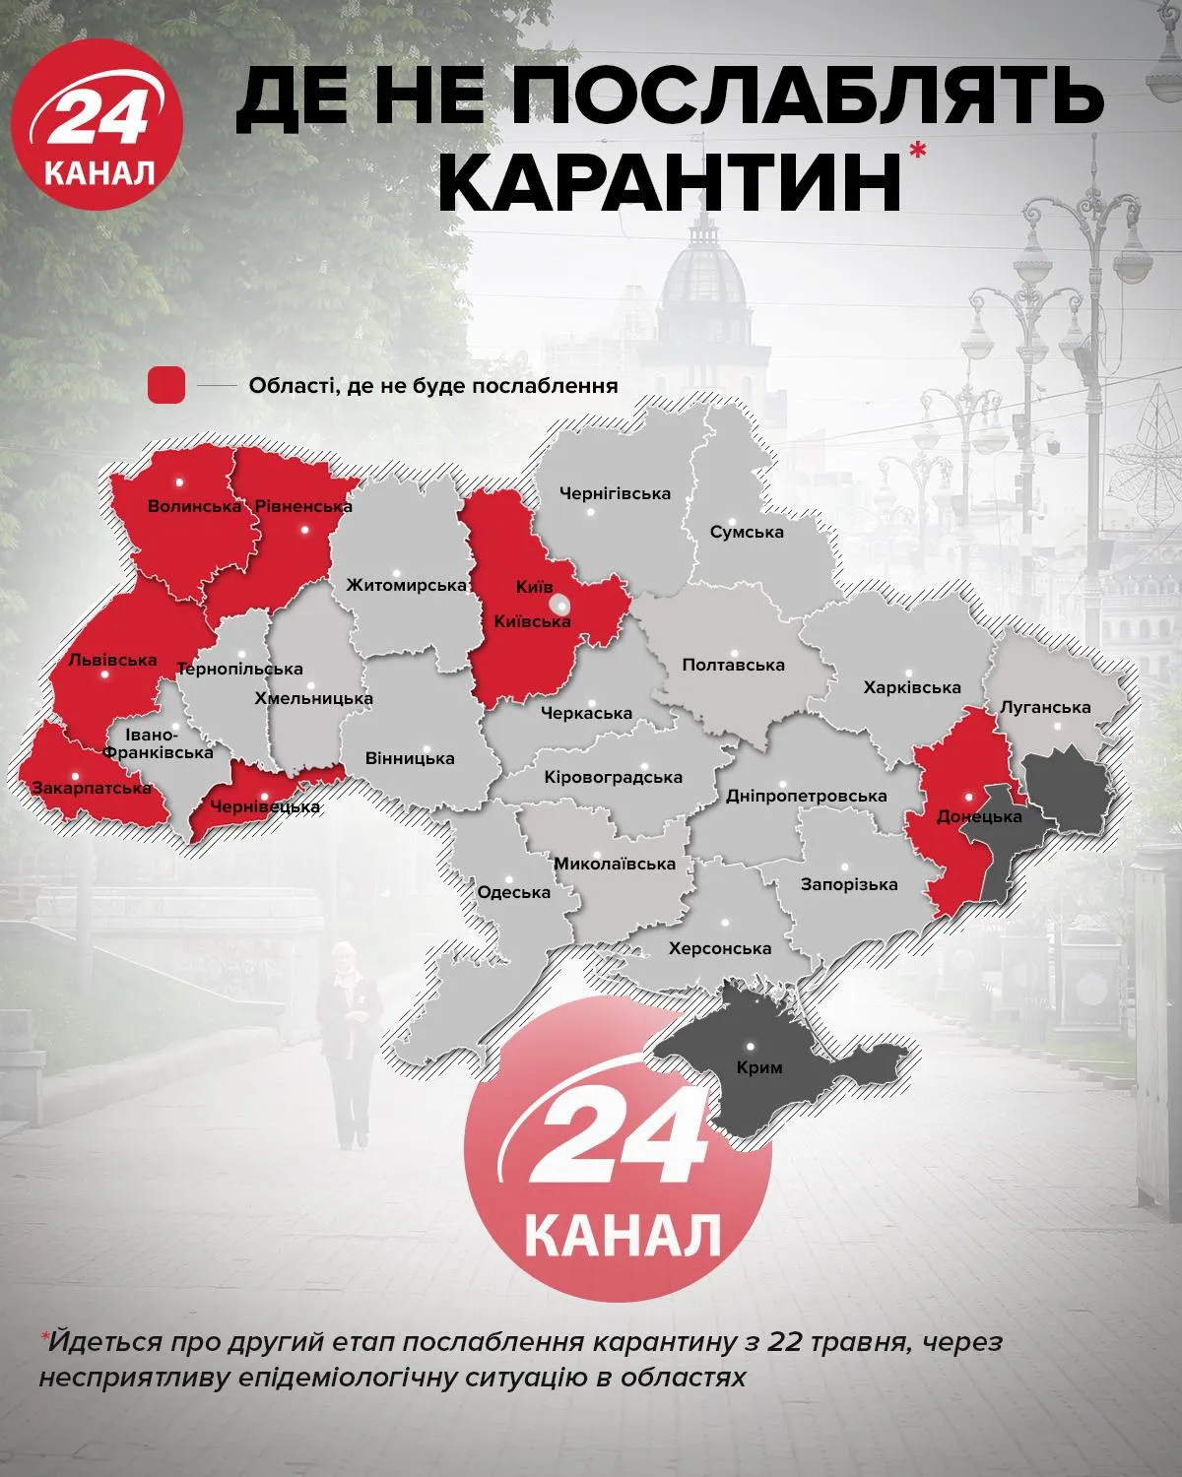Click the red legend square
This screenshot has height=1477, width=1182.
[x=165, y=385]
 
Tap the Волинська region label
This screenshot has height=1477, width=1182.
[x=194, y=507]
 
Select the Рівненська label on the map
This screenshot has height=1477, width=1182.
[x=302, y=507]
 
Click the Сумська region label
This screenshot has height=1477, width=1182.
[x=747, y=532]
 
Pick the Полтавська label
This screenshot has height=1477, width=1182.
[x=734, y=665]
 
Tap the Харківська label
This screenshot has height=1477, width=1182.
[x=911, y=687]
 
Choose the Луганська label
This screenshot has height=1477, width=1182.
[x=1044, y=707]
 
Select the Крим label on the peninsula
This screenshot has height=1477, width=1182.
[x=758, y=1067]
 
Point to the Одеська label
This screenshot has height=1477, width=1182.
[x=512, y=893]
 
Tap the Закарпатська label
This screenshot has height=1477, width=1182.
[x=91, y=788]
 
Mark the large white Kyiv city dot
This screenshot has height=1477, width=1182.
[x=559, y=605]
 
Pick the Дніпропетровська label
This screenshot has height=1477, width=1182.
[x=806, y=796]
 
